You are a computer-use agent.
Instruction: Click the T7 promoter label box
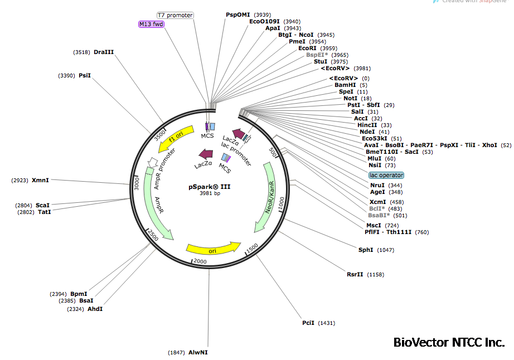click(x=175, y=15)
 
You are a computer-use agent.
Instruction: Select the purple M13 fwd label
click(x=151, y=24)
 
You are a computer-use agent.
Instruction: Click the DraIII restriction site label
click(x=104, y=52)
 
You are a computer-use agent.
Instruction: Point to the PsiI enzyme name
click(x=85, y=75)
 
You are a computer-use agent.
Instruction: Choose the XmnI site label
click(x=40, y=180)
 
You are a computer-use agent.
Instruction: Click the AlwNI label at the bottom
click(x=198, y=352)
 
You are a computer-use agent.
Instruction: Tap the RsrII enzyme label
click(x=355, y=274)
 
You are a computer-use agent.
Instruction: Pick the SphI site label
click(x=366, y=250)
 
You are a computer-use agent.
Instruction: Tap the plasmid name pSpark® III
click(x=209, y=187)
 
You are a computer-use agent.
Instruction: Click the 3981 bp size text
click(x=209, y=194)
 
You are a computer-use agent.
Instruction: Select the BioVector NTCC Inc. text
click(x=449, y=342)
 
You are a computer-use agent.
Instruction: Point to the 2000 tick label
click(x=199, y=261)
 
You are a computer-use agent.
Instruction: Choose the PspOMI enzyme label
click(x=238, y=14)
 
